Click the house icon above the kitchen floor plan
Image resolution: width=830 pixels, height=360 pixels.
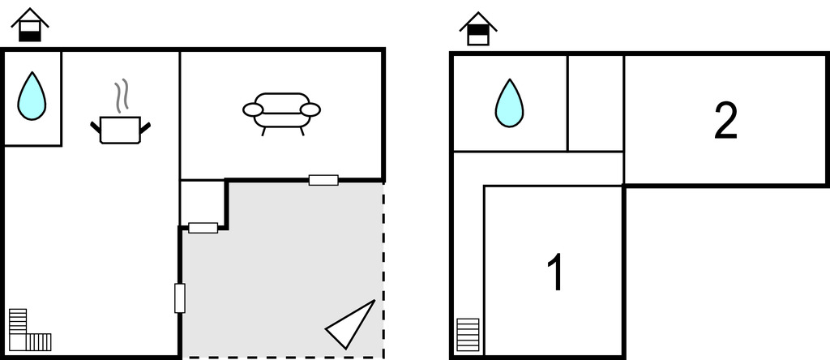30,25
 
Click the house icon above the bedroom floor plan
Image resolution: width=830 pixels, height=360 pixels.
478,29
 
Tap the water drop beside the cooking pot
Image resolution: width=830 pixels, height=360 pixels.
32,96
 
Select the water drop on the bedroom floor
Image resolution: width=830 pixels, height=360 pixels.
509,103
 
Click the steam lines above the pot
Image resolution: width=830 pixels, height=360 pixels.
122,96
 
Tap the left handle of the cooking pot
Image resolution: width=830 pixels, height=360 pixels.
96,127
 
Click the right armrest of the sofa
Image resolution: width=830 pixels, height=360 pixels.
310,109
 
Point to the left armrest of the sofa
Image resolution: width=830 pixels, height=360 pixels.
253,109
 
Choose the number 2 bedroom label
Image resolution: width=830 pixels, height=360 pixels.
725,121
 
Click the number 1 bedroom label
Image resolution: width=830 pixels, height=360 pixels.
555,272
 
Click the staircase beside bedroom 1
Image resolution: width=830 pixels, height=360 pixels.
468,335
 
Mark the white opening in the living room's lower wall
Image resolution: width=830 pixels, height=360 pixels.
323,180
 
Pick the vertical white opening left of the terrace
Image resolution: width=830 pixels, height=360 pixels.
180,298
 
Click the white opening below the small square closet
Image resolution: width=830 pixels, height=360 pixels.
203,228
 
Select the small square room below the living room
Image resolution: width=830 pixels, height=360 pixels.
203,204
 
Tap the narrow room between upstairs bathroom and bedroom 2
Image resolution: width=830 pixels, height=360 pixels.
596,103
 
